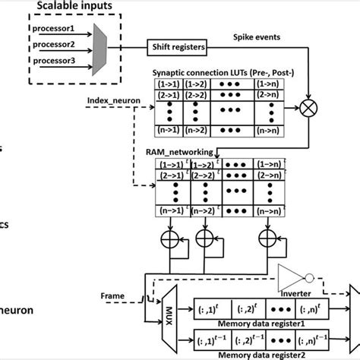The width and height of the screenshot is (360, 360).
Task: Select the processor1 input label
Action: click(x=52, y=29)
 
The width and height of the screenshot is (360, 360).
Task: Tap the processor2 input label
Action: click(x=52, y=43)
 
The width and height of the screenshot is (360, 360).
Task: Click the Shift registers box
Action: click(x=176, y=47)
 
